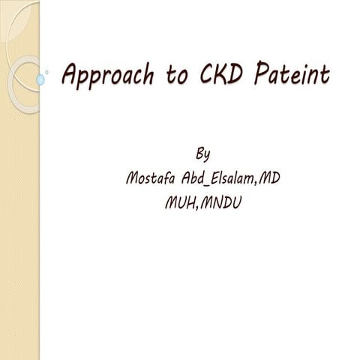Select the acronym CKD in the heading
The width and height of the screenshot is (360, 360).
tap(220, 75)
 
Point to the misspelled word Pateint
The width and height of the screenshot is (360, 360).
tap(291, 75)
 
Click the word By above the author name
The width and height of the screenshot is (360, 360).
tap(202, 154)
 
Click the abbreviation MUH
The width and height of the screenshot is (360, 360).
tap(180, 202)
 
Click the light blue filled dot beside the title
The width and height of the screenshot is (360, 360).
tap(40, 79)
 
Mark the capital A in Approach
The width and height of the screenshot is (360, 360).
tap(72, 74)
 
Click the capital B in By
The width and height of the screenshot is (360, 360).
tap(199, 154)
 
